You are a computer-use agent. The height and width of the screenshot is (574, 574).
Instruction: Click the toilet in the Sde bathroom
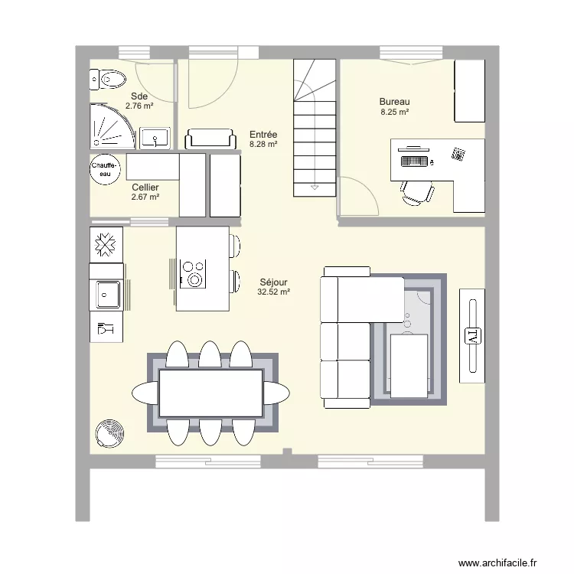point(108,78)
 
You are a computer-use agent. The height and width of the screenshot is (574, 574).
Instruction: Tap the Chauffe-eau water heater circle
point(105,169)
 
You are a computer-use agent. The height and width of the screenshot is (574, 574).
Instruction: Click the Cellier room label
point(145,187)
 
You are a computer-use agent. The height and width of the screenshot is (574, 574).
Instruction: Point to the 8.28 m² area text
point(263,143)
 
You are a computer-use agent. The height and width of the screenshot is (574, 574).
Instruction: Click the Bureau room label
point(394,102)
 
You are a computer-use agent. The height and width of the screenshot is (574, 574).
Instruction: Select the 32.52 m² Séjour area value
point(273,292)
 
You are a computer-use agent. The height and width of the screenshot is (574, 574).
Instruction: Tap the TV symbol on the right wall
point(471,335)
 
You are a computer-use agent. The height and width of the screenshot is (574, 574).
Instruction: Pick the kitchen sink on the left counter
point(106,294)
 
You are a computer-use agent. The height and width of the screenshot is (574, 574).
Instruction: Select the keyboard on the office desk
point(413,161)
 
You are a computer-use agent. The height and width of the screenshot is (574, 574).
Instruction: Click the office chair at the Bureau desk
point(416,192)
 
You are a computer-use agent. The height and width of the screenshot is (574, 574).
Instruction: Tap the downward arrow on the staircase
point(314,186)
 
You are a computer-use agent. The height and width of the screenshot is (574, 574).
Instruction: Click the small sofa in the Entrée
point(210,139)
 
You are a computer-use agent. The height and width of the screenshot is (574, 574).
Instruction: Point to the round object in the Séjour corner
point(110,433)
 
